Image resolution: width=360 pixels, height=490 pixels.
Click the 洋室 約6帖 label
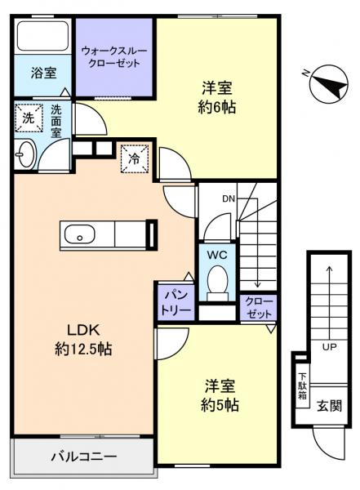[x=216, y=97]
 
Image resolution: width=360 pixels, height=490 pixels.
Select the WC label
[x=216, y=255]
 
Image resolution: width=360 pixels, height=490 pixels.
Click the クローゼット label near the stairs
[x=260, y=306]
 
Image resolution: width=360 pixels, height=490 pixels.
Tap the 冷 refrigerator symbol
[x=134, y=157]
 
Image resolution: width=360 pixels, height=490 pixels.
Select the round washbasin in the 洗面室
[x=24, y=153]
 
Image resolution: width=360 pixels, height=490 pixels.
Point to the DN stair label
[x=229, y=198]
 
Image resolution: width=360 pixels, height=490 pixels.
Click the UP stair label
[x=329, y=346]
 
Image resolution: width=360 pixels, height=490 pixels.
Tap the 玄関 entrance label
[x=329, y=406]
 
